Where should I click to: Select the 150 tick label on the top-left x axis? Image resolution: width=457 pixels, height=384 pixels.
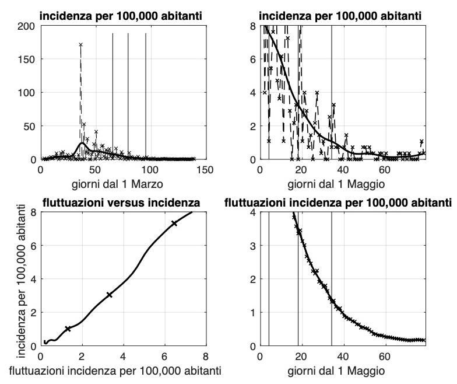[205, 169]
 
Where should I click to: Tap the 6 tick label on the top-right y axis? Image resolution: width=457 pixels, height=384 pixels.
[252, 59]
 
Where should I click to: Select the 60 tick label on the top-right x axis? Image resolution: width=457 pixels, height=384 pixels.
[385, 169]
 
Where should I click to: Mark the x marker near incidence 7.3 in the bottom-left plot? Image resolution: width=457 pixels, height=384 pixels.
[174, 224]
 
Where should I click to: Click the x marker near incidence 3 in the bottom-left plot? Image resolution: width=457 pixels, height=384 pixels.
[109, 295]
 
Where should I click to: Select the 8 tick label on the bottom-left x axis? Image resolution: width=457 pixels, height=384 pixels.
[205, 357]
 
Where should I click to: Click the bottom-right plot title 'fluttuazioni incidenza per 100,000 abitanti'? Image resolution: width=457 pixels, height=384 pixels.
[339, 203]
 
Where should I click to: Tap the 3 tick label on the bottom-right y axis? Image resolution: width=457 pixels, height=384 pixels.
[252, 246]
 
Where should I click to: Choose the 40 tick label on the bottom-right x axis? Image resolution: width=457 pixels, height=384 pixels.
[343, 357]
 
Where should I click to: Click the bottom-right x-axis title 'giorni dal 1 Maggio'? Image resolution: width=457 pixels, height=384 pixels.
[342, 369]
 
